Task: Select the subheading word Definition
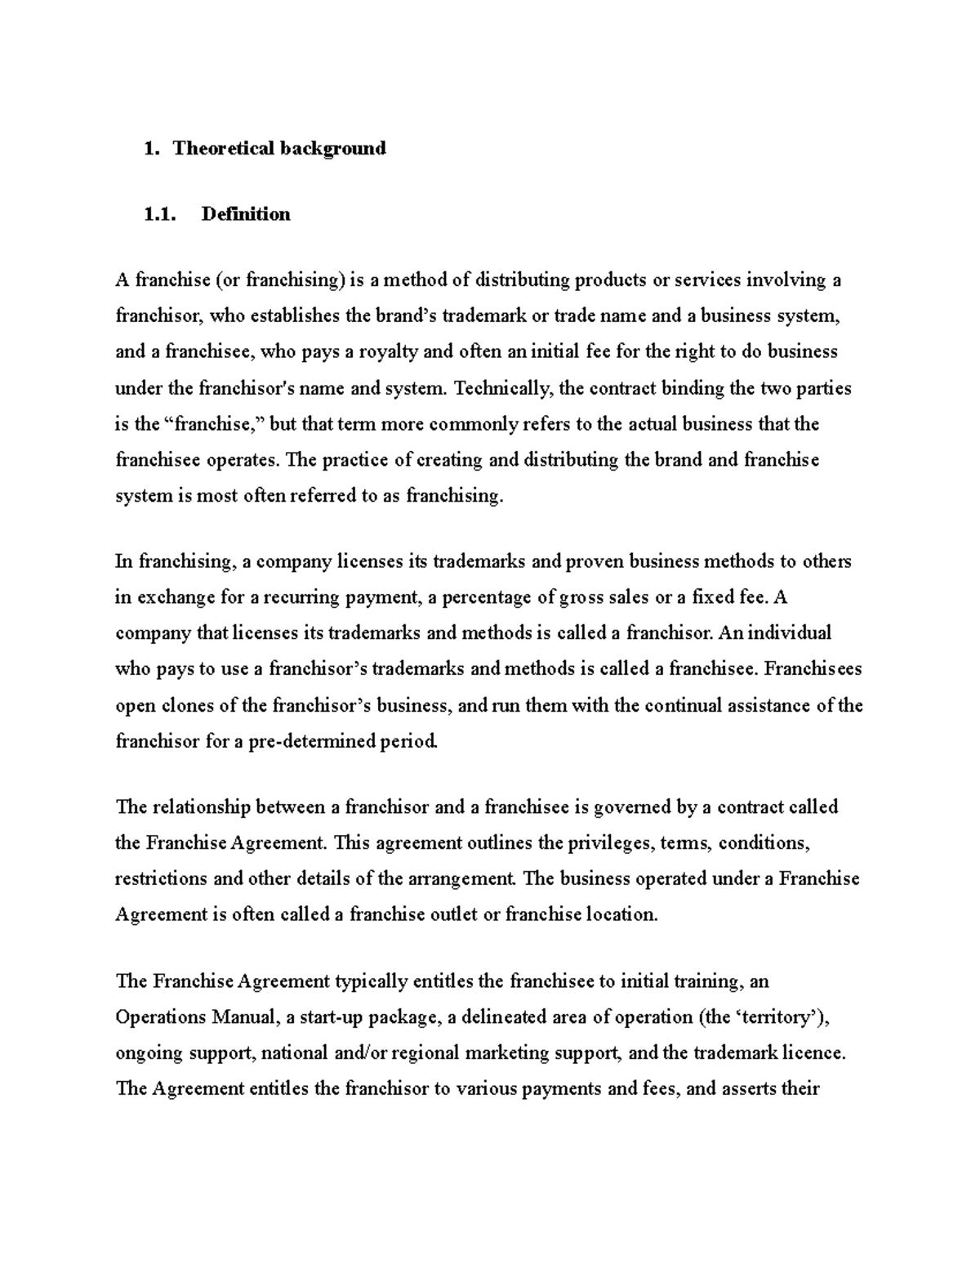tap(246, 214)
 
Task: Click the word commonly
tap(474, 424)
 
